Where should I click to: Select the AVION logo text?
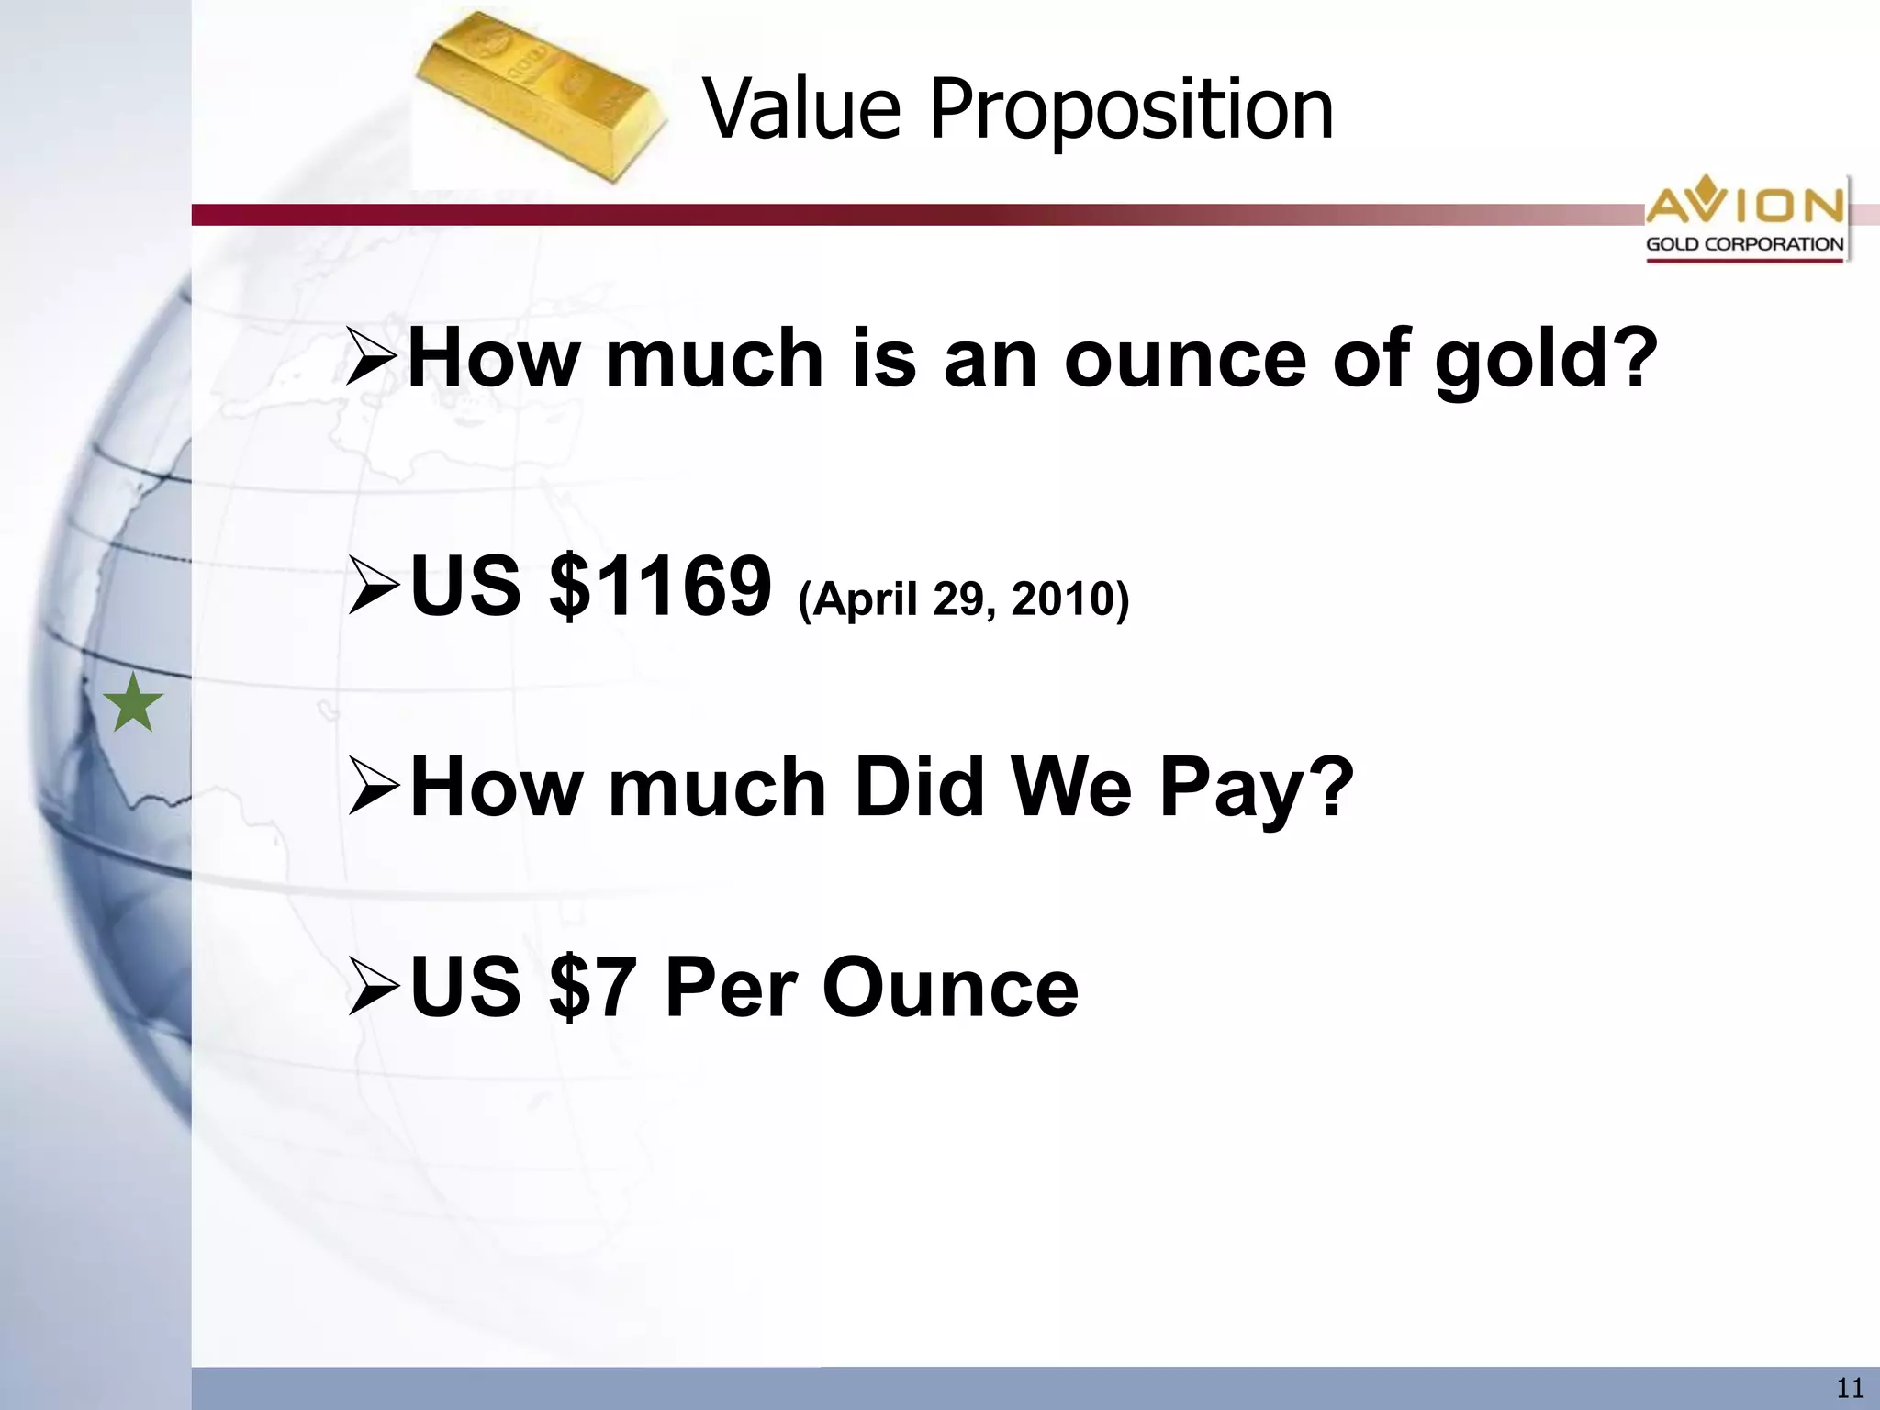coord(1744,204)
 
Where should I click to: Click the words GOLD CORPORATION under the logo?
coord(1744,244)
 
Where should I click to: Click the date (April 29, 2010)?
coord(964,599)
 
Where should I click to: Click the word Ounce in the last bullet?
coord(950,988)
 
